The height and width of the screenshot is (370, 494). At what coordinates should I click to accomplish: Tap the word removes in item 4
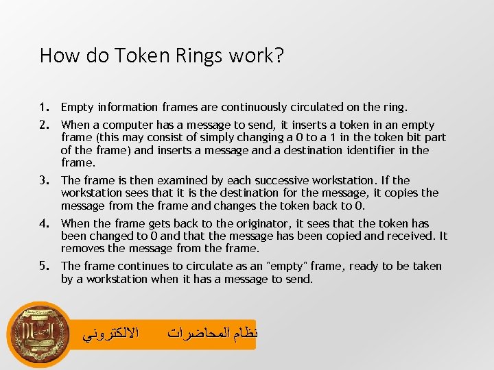(82, 249)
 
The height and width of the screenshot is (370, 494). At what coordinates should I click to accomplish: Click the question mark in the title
(279, 55)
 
